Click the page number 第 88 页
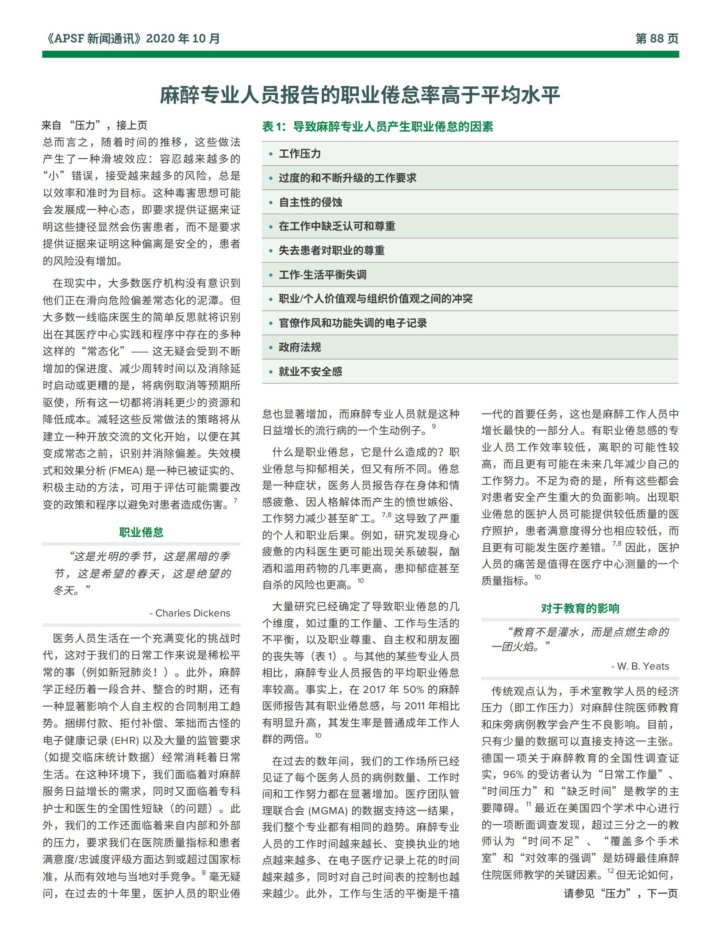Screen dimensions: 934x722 point(657,39)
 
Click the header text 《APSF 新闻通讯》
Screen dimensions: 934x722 point(93,39)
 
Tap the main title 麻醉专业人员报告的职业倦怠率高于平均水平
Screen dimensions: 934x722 point(360,95)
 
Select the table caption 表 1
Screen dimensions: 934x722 point(274,127)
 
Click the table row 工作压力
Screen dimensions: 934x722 point(300,154)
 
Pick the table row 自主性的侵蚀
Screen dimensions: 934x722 point(310,203)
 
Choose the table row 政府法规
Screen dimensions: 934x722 point(300,348)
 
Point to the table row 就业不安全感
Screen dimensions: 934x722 point(310,372)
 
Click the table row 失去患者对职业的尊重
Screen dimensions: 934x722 point(331,251)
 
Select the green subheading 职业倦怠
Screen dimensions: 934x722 point(141,532)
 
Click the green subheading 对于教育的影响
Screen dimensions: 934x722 point(580,609)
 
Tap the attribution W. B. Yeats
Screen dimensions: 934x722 point(643,666)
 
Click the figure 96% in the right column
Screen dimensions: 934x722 point(514,774)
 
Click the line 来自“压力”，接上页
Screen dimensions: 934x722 point(95,126)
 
